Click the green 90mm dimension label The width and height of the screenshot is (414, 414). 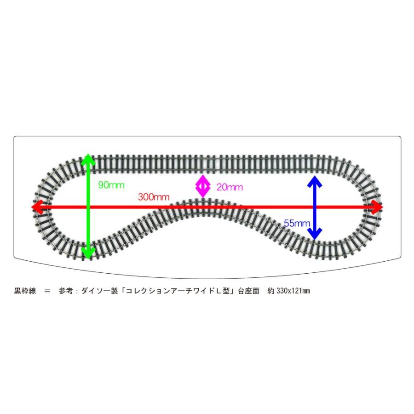(x=111, y=185)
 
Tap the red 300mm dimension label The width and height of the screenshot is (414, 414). (x=153, y=197)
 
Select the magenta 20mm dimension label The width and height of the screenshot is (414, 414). (x=230, y=187)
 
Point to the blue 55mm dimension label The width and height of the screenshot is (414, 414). (x=297, y=224)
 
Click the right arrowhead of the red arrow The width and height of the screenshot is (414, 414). (x=377, y=207)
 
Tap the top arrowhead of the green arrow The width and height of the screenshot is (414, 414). (x=88, y=159)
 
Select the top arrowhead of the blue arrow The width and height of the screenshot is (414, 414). (x=315, y=181)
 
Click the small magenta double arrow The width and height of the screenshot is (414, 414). (x=202, y=186)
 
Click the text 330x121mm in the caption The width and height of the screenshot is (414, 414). (x=293, y=291)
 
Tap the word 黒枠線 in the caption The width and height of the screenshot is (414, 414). (x=25, y=291)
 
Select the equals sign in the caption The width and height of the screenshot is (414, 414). (x=47, y=291)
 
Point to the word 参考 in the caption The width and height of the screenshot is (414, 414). (x=66, y=291)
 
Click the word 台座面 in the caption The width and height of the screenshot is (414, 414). (x=248, y=291)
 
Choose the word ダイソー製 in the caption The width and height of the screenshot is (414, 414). (x=99, y=291)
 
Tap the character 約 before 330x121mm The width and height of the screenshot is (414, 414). (x=271, y=291)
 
